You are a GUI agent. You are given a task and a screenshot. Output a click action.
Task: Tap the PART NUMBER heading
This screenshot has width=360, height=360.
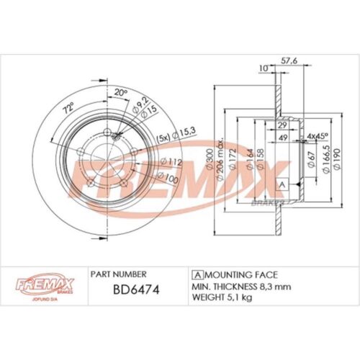(x=119, y=274)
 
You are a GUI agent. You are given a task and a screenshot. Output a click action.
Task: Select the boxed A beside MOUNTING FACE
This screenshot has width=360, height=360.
(x=197, y=275)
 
